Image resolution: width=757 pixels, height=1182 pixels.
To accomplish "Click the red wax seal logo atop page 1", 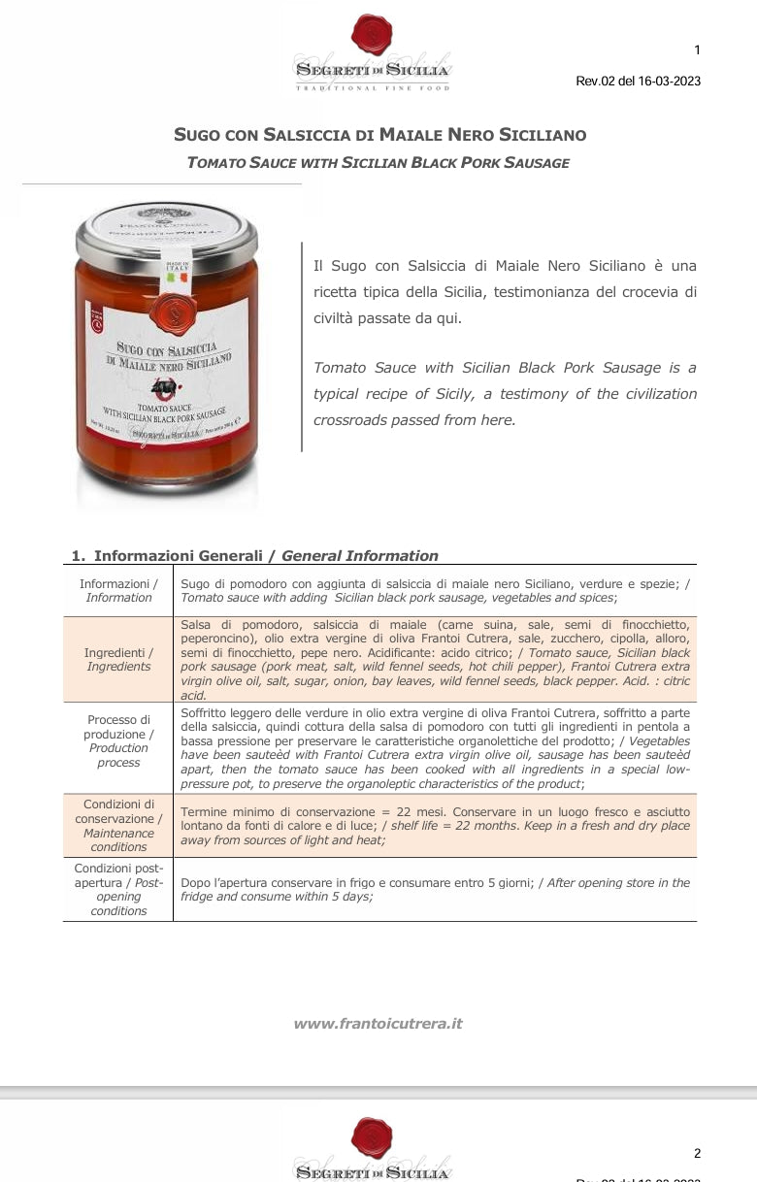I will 372,35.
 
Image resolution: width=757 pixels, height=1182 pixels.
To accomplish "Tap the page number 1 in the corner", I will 697,50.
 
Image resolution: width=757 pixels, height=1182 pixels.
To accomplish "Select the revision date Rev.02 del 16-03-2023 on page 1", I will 638,81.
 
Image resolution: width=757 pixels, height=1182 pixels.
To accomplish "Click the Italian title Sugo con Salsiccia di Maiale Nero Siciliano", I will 379,135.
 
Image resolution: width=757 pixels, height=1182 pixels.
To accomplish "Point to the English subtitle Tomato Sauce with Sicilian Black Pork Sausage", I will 378,162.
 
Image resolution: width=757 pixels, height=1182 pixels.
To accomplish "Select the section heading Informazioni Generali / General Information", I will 254,556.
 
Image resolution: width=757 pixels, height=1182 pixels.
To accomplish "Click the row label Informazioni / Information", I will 118,590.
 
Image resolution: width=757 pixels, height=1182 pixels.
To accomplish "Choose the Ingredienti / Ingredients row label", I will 118,660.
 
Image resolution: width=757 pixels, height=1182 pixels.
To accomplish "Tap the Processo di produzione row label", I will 118,740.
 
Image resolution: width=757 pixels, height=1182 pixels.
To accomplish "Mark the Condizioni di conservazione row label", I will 118,825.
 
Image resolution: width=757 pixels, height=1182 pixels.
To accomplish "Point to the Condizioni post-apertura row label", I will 118,889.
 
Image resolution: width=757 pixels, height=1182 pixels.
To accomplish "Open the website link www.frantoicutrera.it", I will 378,1023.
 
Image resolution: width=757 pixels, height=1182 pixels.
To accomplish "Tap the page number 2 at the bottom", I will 697,1153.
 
